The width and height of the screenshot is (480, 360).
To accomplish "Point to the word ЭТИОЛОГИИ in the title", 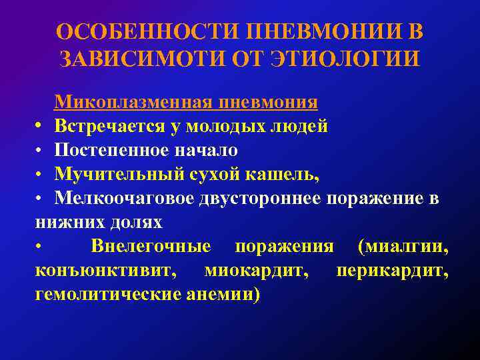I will click(346, 59).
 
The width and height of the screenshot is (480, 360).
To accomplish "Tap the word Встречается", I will click(113, 127).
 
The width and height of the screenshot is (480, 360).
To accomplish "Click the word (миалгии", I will click(403, 247).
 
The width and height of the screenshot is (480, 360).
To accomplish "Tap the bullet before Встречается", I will click(41, 127).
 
